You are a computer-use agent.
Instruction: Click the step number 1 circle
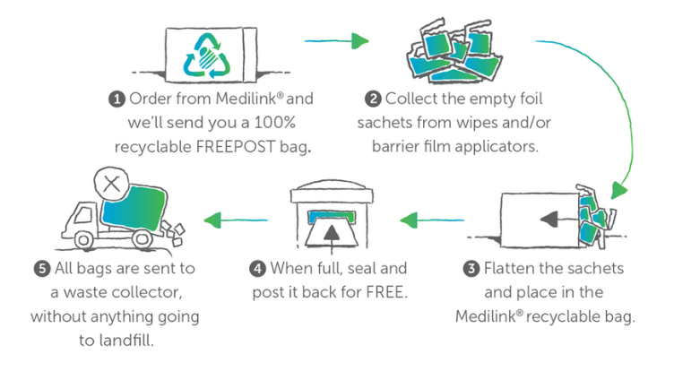coord(117,98)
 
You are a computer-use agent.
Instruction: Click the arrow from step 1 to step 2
coord(337,40)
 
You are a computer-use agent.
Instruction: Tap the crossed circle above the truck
coord(110,184)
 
